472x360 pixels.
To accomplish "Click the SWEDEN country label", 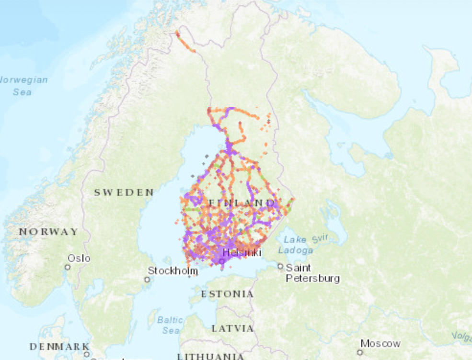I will click(124, 192).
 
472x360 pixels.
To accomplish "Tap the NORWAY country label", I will click(48, 232).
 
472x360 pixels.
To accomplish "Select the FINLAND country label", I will click(242, 203).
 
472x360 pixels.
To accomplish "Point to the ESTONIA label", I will click(227, 293).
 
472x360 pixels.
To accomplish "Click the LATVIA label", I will click(232, 328).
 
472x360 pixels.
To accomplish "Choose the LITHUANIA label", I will click(211, 356).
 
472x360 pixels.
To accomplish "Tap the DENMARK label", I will click(59, 346).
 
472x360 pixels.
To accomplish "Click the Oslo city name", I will click(79, 259).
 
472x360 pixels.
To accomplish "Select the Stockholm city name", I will click(173, 270).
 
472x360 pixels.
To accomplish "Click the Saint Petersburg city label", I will click(312, 273).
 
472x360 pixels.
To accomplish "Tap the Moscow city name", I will click(380, 343).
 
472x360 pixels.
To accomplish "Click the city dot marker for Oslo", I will click(68, 267).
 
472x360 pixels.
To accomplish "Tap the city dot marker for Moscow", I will click(360, 352).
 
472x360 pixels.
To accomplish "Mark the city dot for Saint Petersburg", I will click(280, 266).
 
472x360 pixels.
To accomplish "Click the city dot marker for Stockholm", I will click(147, 279).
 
